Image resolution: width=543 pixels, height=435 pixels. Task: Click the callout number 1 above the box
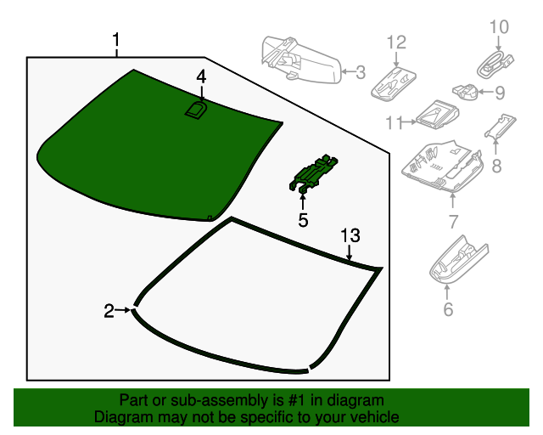coord(116,40)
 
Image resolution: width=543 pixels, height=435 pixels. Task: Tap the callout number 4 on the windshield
coord(201,76)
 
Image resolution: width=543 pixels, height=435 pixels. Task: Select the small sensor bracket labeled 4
coord(197,110)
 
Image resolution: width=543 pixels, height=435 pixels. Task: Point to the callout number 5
coord(303,221)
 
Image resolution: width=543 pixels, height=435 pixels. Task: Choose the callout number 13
coord(350,235)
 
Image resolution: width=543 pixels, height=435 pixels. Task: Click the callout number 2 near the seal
coord(109,311)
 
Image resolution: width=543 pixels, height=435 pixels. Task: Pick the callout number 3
coord(361,73)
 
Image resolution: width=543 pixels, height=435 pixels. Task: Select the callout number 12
coord(397,42)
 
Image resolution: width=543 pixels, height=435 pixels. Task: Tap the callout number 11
coord(392,123)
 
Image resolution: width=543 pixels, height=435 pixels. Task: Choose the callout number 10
coord(499,27)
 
